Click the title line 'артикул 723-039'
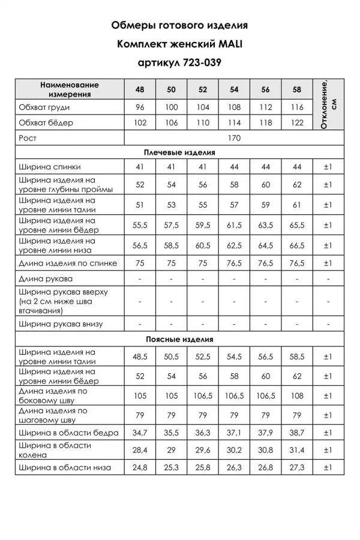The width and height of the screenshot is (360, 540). pos(179,62)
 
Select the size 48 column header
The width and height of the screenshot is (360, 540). pos(140,89)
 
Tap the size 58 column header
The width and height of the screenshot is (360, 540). pos(297,89)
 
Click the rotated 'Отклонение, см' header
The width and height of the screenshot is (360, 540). pos(329,103)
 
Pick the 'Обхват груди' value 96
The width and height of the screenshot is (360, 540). pos(140,107)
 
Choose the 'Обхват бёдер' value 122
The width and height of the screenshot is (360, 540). pos(297,122)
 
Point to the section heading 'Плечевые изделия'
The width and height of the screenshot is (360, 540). pos(179,152)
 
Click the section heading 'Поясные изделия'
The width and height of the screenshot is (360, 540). pos(179,339)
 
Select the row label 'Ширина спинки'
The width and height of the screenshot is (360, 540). pos(50,167)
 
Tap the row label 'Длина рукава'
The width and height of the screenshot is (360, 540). pos(46,279)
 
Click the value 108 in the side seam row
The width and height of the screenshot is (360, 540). pos(297,395)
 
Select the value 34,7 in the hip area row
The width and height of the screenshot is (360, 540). pos(140,432)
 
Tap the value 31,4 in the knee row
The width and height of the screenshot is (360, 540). pos(297,450)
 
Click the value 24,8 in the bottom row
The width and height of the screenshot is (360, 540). pos(140,468)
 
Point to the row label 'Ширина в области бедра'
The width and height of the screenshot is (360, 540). pos(68,432)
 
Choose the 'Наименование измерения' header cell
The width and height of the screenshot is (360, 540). pos(70,89)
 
